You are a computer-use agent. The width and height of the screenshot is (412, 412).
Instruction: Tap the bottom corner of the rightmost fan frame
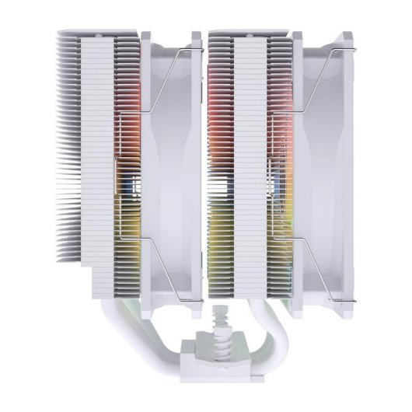click(311, 303)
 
